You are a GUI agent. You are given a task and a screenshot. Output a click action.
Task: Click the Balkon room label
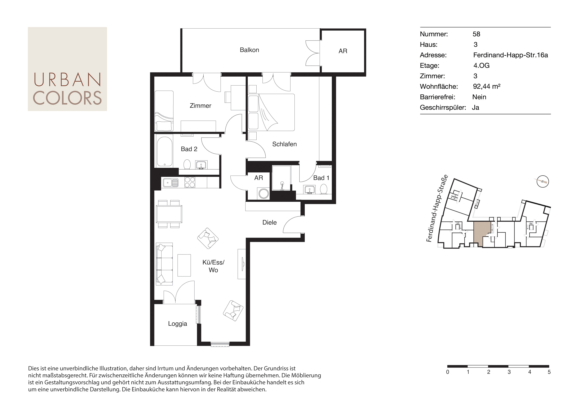coord(249,50)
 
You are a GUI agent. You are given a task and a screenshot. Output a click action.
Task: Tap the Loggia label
coord(178,324)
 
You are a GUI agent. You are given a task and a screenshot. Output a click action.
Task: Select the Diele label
coord(269,222)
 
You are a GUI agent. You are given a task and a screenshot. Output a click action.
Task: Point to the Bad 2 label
coord(189,149)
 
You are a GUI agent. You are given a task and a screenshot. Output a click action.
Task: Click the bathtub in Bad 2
coord(165,151)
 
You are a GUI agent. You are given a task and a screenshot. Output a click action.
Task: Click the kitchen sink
coord(170,182)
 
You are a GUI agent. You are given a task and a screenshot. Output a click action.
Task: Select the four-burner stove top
coord(190,182)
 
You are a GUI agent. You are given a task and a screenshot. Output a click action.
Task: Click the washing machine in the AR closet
coord(263,193)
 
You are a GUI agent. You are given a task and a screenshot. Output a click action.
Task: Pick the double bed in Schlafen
coord(271,112)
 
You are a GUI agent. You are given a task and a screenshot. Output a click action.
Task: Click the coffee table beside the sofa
coord(184,265)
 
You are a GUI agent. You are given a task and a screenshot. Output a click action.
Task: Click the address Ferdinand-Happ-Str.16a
coord(510,55)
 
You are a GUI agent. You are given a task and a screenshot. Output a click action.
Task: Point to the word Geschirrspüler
coord(443,108)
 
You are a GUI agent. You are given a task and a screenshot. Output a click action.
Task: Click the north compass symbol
coord(543,181)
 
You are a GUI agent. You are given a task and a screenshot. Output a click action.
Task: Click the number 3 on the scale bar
coord(509,372)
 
